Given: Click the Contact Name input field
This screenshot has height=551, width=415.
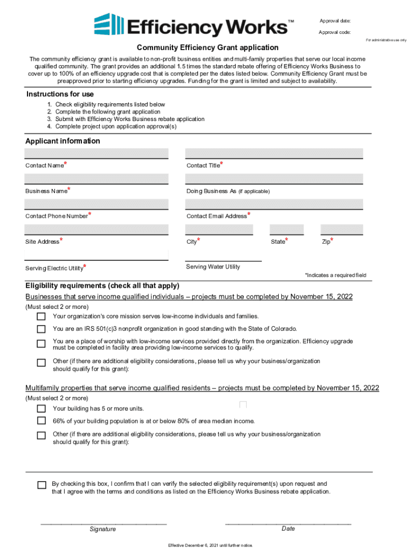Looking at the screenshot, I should point(96,154).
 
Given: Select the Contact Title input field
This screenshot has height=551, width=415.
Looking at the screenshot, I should point(274,154).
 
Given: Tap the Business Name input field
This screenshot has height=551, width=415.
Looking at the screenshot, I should point(96,179).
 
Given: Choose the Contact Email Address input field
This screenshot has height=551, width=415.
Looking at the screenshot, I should point(274,204).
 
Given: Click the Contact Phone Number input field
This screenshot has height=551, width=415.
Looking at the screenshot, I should point(96,204).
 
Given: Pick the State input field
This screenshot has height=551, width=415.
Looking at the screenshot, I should point(287,230).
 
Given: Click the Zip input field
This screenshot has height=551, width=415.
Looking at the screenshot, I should point(342,230).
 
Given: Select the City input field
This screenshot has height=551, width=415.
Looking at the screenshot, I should point(219,230).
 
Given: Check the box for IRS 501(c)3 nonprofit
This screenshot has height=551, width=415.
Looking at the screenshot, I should point(41,329).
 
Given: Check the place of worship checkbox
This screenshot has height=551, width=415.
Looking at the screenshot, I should point(41,344).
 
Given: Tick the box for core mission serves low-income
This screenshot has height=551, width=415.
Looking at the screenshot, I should point(41,316).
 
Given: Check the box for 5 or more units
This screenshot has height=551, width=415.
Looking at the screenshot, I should point(41,408).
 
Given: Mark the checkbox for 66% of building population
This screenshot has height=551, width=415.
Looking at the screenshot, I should point(41,421).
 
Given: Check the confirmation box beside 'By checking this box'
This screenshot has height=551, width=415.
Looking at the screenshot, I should point(41,485).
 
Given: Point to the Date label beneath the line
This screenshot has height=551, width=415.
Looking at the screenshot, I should point(288,529).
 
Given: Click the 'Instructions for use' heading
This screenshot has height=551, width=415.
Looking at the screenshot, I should point(60,95).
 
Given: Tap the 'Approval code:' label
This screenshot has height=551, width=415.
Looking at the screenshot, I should point(334,32).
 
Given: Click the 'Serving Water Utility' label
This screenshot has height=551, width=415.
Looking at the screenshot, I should point(213,267).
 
